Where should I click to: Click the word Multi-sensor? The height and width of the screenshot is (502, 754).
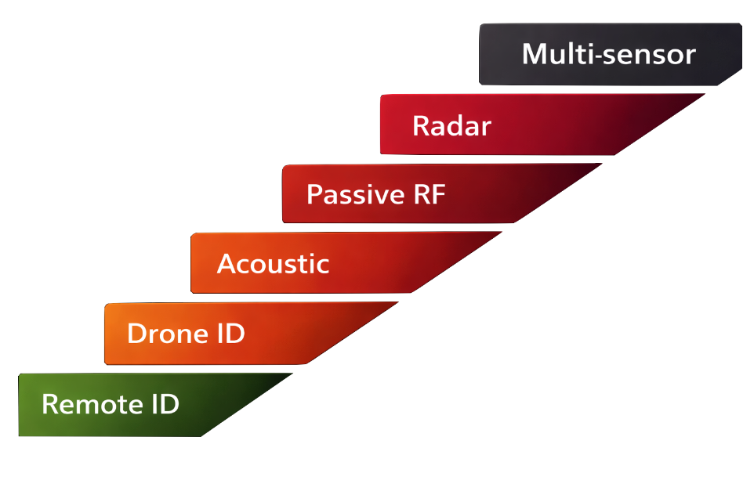click(x=608, y=54)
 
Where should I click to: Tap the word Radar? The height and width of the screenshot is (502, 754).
click(x=451, y=125)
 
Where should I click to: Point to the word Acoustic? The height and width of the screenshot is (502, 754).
click(x=273, y=264)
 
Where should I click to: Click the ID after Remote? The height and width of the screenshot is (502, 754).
click(x=164, y=404)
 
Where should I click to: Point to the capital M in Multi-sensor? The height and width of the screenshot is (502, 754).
click(x=535, y=54)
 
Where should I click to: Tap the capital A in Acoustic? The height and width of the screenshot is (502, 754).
click(x=227, y=264)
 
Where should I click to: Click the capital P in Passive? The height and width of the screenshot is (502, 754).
click(x=314, y=194)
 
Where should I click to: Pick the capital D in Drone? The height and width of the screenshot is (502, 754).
click(x=138, y=334)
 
